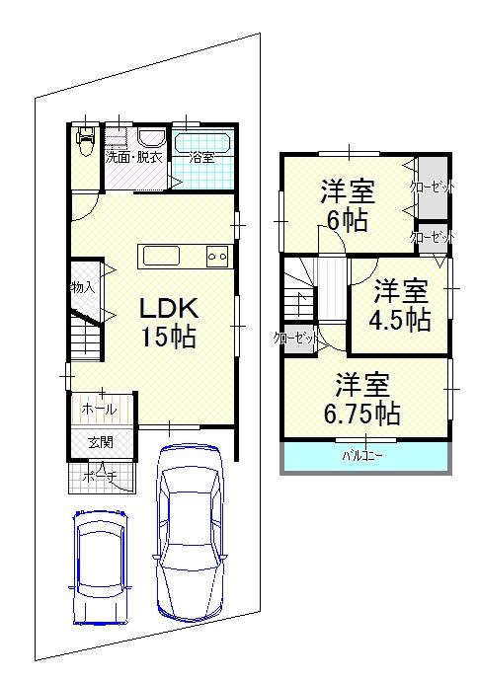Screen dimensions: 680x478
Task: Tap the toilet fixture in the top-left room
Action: pos(85,143)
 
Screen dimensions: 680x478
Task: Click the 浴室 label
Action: pos(201,157)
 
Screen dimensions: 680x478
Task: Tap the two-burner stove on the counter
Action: pos(216,256)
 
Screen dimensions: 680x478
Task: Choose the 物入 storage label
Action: pos(82,287)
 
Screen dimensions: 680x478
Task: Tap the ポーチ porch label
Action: pos(100,478)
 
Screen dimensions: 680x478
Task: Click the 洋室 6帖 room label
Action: pos(345,204)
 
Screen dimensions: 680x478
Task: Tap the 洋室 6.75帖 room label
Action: pos(361,399)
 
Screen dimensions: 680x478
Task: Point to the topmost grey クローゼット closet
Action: pos(431,187)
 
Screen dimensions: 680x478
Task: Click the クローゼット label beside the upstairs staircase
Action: pos(296,339)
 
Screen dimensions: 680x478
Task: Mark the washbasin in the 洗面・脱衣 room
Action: pos(151,139)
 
